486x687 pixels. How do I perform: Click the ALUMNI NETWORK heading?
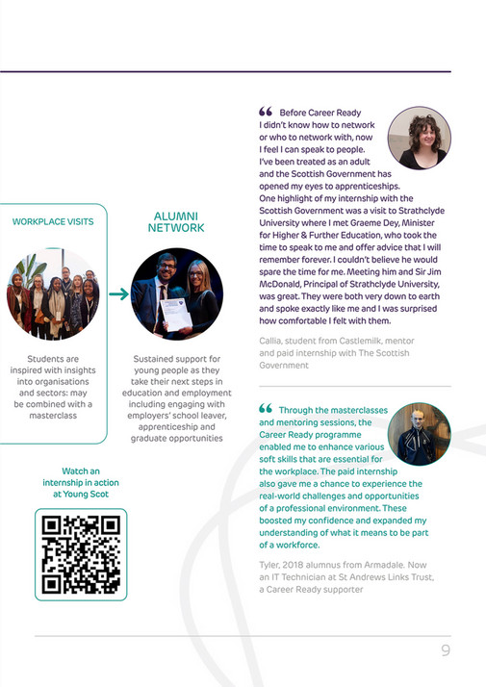[176, 222]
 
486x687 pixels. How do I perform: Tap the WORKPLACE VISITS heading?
[53, 222]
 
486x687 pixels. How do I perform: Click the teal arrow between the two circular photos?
[118, 294]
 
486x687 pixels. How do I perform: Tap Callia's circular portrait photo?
[420, 139]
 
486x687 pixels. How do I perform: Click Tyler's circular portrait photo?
[419, 434]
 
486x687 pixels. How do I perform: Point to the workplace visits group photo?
[53, 293]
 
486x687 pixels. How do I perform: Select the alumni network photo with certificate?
[177, 293]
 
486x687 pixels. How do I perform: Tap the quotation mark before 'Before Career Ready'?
[266, 113]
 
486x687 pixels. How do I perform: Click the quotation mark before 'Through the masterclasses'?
[266, 409]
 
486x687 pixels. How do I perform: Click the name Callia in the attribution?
[274, 341]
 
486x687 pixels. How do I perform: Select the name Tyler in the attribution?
[273, 564]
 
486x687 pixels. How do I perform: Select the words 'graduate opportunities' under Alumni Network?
[177, 439]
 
